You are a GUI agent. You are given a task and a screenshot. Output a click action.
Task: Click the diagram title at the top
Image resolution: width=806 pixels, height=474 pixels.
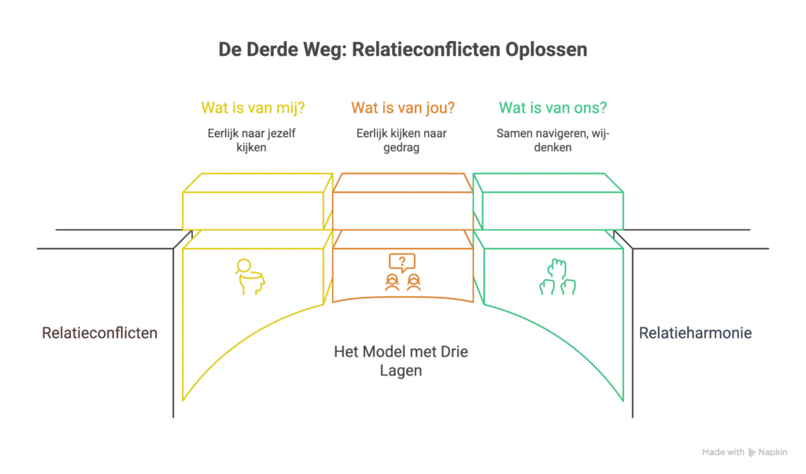402,50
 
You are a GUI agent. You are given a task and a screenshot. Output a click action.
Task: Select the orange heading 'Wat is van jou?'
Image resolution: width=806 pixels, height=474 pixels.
403,107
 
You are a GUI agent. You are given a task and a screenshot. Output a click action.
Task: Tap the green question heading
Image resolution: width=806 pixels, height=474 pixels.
554,107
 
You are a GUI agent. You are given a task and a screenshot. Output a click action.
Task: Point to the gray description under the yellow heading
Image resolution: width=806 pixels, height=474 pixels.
253,139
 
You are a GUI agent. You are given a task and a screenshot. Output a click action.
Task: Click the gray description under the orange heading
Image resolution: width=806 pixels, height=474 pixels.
400,139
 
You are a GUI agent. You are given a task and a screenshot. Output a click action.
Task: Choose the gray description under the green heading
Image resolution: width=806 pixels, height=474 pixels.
550,139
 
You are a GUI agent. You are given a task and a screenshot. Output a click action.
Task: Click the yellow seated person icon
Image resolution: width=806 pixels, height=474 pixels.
250,276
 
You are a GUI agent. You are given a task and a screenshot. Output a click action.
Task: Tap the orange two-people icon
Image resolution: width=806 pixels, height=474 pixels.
403,272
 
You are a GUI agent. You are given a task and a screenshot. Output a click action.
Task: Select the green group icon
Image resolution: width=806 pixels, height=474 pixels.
557,276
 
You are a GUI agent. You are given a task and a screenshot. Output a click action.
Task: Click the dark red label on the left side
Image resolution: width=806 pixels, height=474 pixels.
98,332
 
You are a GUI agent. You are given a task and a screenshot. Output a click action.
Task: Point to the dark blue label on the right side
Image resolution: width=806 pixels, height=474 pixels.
696,332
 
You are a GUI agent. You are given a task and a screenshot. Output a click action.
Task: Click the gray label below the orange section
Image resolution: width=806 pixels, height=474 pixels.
402,361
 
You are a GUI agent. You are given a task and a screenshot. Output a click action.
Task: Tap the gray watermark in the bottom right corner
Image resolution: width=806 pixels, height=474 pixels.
745,454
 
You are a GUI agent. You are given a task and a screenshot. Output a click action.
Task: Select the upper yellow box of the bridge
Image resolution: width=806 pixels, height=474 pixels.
253,202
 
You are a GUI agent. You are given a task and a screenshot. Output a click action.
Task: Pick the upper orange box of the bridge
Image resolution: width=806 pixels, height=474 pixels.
402,202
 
